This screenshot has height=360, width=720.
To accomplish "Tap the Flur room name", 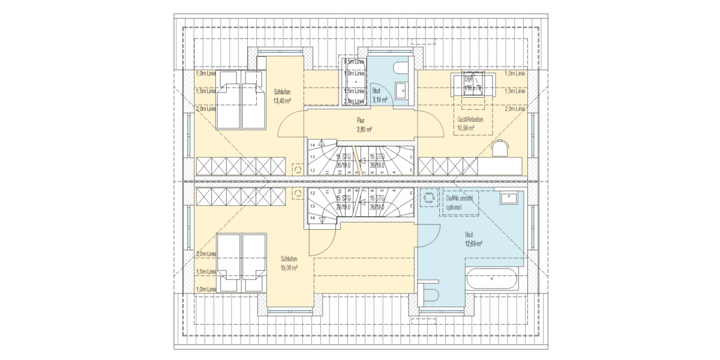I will [x=361, y=120].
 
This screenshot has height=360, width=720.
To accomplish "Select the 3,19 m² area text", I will [x=380, y=100].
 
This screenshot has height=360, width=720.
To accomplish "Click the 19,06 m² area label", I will [x=289, y=268].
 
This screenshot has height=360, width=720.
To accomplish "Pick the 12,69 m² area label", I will [x=473, y=244].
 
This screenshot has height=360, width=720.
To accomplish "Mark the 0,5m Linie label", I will [x=354, y=61].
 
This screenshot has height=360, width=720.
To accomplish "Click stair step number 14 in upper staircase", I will [x=312, y=145].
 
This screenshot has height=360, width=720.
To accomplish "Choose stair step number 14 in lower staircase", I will [x=312, y=218].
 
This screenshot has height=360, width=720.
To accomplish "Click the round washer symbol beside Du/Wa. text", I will [x=428, y=198].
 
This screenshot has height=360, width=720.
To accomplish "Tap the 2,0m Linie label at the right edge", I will [x=515, y=109].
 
